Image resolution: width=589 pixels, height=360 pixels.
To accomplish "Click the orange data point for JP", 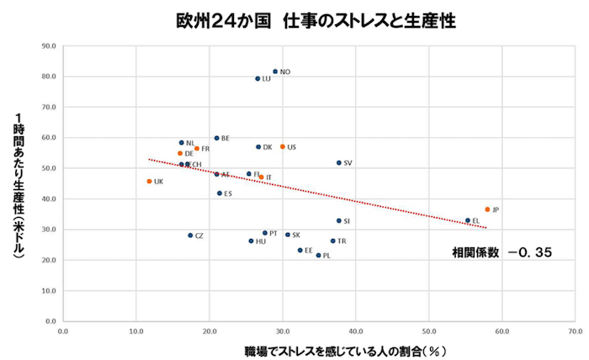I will pyautogui.click(x=487, y=209).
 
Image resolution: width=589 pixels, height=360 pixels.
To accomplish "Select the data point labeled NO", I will pyautogui.click(x=275, y=71).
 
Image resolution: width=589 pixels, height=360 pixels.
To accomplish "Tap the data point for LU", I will pyautogui.click(x=257, y=78).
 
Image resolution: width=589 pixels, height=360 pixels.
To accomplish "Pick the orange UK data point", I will pyautogui.click(x=149, y=181).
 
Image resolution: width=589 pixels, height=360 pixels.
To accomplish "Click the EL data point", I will pyautogui.click(x=468, y=220).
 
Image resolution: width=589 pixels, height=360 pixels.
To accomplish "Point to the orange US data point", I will pyautogui.click(x=283, y=146).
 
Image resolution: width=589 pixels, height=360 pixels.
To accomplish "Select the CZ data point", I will pyautogui.click(x=190, y=236).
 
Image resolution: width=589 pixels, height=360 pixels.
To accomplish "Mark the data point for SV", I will pyautogui.click(x=339, y=162).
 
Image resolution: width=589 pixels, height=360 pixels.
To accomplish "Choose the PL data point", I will pyautogui.click(x=318, y=255).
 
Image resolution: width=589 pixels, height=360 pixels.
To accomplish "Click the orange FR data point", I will pyautogui.click(x=197, y=149).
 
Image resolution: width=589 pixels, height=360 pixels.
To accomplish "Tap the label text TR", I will pyautogui.click(x=342, y=241).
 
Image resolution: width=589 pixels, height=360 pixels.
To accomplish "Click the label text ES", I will pyautogui.click(x=228, y=193).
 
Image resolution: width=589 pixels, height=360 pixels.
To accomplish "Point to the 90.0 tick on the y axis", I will pyautogui.click(x=49, y=45).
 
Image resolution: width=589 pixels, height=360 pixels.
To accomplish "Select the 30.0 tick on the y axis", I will pyautogui.click(x=49, y=229).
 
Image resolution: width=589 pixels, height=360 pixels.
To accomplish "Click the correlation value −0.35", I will pyautogui.click(x=529, y=251).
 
